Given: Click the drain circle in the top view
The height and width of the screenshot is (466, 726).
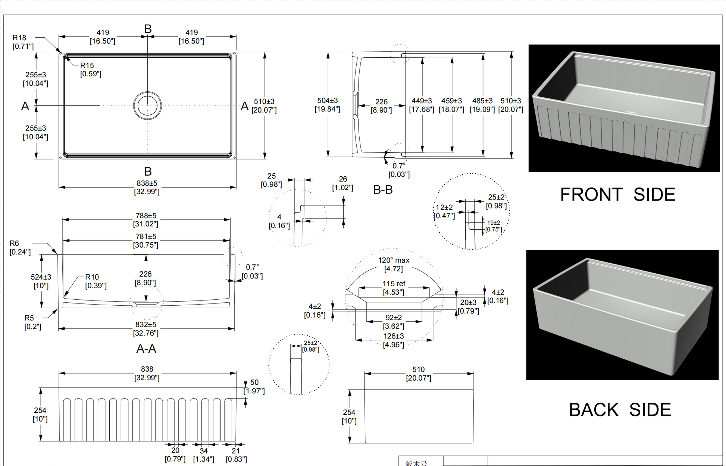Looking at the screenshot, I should (x=147, y=106).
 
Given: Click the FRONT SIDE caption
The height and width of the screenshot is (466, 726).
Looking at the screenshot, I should (x=617, y=195).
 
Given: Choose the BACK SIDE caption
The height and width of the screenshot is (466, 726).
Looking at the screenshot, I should (x=620, y=410).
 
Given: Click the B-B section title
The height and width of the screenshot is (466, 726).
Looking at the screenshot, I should (x=383, y=190).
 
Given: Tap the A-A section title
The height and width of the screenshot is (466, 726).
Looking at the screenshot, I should (x=146, y=349).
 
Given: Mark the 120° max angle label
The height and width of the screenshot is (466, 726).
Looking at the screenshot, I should (x=394, y=260).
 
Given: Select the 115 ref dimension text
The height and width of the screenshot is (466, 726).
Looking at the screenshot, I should (x=394, y=284).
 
